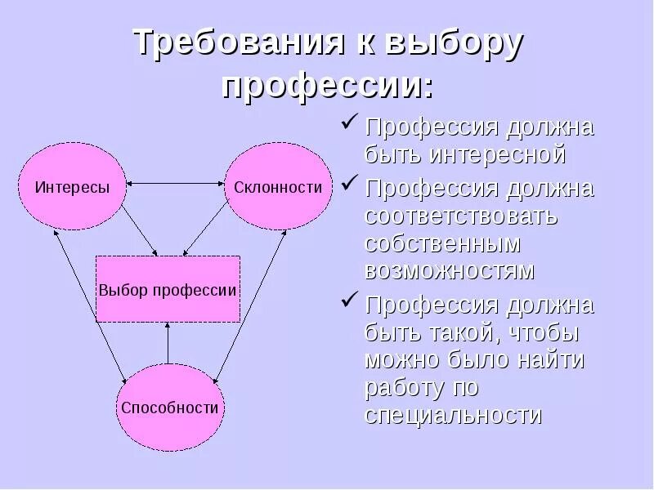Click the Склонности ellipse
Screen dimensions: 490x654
coord(278,187)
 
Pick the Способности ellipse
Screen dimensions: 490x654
coord(170,408)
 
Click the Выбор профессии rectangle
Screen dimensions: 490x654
coord(168,289)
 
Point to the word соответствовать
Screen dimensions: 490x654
coord(462,217)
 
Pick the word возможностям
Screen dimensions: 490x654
coord(449,270)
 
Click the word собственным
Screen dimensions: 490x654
coord(443,244)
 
